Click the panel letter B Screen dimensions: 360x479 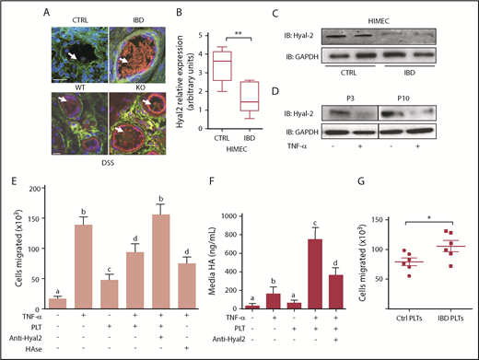pos(169,13)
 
